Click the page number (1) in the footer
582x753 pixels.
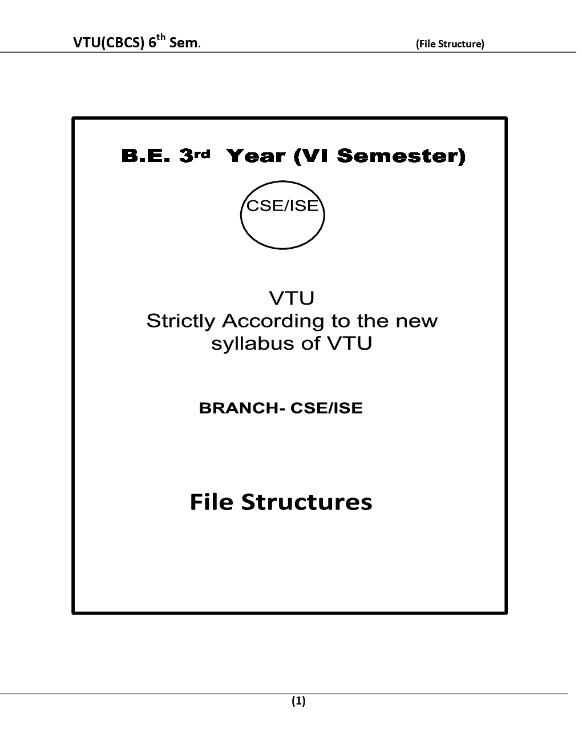pyautogui.click(x=298, y=701)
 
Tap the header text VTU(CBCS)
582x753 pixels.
pyautogui.click(x=107, y=43)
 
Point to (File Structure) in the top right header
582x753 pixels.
pyautogui.click(x=450, y=44)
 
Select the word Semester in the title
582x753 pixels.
pyautogui.click(x=401, y=156)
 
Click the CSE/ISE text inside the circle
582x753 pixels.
pyautogui.click(x=282, y=206)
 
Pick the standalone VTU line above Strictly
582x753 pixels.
pyautogui.click(x=292, y=298)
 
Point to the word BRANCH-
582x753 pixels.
pyautogui.click(x=242, y=408)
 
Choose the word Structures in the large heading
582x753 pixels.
pyautogui.click(x=307, y=502)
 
